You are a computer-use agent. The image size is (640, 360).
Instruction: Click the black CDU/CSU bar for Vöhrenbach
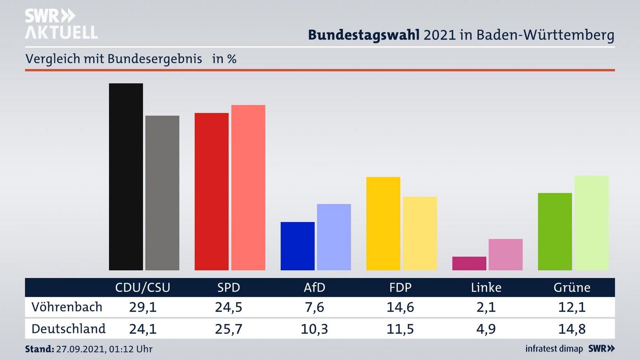(x=126, y=176)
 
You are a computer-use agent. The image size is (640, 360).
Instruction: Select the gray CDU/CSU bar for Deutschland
(x=162, y=193)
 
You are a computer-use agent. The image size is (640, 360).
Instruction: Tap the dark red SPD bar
(x=212, y=192)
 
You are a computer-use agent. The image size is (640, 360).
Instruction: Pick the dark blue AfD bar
(x=297, y=246)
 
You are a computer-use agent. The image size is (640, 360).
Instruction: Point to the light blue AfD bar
(x=334, y=237)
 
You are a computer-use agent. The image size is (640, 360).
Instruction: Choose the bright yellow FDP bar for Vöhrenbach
(x=383, y=224)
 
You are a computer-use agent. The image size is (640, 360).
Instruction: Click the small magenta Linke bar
(x=469, y=263)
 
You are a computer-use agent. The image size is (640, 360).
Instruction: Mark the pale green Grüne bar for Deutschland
(x=591, y=223)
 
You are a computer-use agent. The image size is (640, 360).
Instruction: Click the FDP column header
(x=400, y=288)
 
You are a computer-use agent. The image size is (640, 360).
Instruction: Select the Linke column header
(x=486, y=288)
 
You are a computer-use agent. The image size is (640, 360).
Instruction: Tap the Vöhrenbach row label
(x=67, y=307)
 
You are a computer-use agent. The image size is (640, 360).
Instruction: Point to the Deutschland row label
(x=68, y=329)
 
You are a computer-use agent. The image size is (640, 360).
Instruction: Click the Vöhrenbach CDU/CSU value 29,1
(x=142, y=307)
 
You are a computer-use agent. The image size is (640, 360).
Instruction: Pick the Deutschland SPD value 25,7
(x=228, y=329)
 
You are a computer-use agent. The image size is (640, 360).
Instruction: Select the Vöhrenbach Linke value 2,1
(x=486, y=307)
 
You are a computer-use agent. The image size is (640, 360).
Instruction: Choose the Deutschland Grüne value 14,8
(x=572, y=329)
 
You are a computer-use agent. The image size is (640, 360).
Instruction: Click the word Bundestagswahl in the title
(x=364, y=35)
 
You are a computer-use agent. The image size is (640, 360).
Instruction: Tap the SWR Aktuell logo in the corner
(x=61, y=24)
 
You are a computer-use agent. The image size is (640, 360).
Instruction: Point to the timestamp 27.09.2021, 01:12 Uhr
(x=104, y=349)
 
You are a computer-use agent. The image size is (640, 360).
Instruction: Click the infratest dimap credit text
(x=554, y=349)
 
